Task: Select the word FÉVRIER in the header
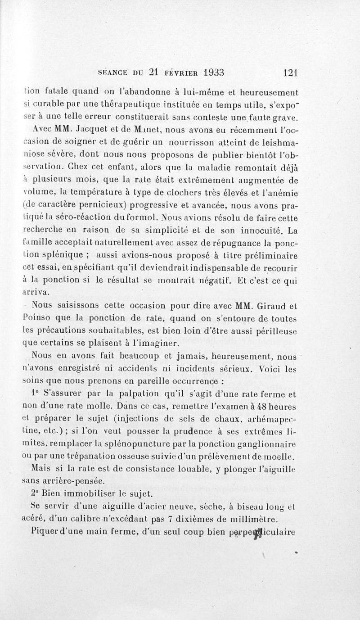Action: (x=179, y=72)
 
